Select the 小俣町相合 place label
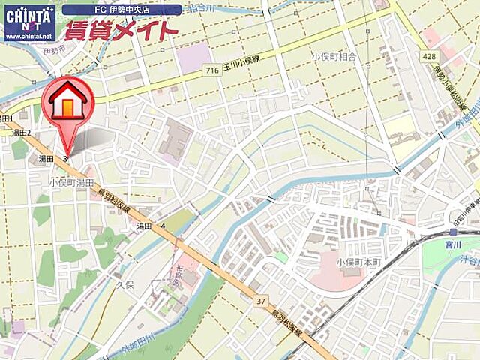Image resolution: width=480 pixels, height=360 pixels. coord(334,56)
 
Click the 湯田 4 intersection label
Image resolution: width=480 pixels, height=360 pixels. coord(151,226)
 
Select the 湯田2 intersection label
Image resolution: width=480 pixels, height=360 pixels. coord(20,133)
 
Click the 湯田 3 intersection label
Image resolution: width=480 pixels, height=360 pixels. coord(53,159)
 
